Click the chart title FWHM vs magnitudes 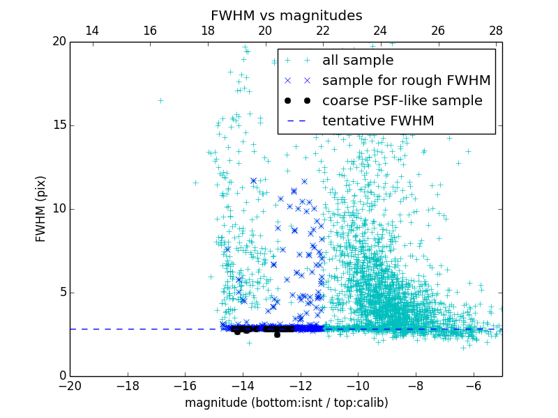point(286,15)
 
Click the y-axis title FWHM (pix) point(40,208)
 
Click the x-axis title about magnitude point(286,403)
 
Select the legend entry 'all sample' point(358,61)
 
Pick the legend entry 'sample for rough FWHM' point(406,81)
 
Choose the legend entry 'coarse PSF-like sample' point(402,101)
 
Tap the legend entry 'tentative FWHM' point(378,121)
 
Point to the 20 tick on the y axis point(59,42)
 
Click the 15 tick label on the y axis point(59,125)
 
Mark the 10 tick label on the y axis point(59,209)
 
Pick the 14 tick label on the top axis point(91,31)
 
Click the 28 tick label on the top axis point(496,31)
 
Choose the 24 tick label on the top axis point(380,31)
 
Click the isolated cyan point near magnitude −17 point(160,100)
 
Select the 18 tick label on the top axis point(207,31)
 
